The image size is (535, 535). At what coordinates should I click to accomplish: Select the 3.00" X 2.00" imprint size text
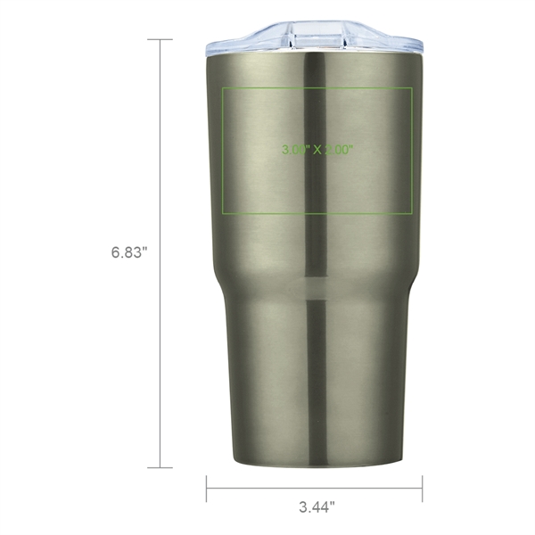(x=317, y=150)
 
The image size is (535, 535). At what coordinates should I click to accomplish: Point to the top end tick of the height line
(x=160, y=39)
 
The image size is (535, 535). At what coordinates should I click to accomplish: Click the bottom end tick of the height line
(x=160, y=467)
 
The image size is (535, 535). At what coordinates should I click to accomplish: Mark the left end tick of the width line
(x=207, y=488)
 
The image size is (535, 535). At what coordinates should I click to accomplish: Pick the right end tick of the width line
(x=423, y=488)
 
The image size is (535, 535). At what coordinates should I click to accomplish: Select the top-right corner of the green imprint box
(x=411, y=88)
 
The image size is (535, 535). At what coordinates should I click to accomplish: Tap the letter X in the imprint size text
(x=317, y=150)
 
